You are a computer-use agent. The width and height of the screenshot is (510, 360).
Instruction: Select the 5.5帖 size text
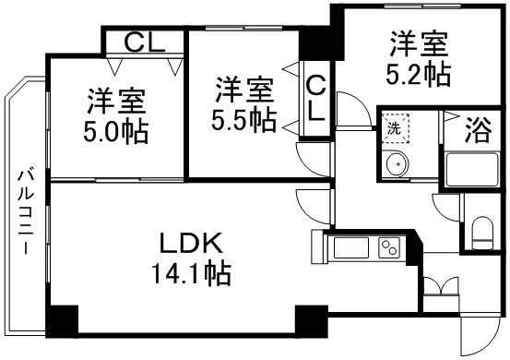click(x=243, y=119)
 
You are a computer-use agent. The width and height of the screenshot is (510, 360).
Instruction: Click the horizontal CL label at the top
click(x=142, y=42)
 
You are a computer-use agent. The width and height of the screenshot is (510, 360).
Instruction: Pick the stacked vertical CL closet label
click(x=315, y=99)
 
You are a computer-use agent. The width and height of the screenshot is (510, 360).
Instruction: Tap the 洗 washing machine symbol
click(x=393, y=127)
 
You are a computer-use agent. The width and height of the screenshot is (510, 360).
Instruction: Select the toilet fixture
click(x=481, y=230)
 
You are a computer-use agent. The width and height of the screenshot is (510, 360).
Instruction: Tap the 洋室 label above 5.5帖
click(x=243, y=90)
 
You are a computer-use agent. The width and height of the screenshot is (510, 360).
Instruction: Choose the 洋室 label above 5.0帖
click(x=114, y=98)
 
